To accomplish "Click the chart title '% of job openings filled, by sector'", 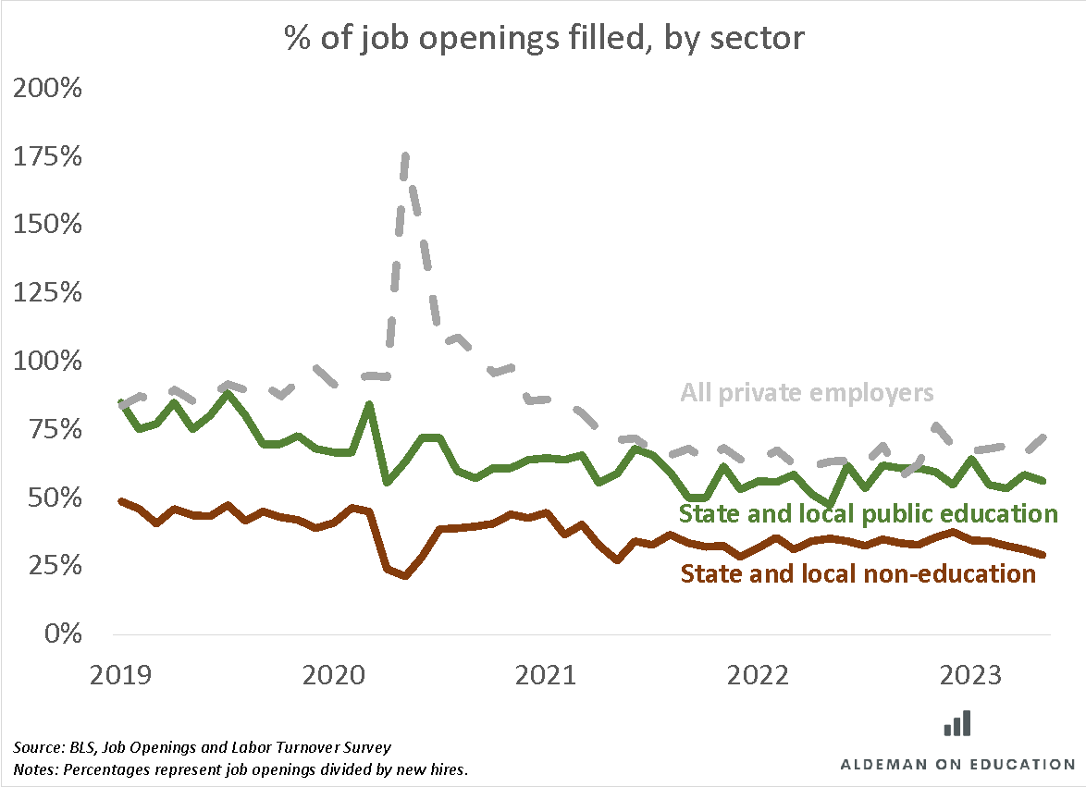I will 543,39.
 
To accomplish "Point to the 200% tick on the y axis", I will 48,90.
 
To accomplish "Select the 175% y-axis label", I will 48,157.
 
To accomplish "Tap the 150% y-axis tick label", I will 48,226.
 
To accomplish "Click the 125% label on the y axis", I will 48,293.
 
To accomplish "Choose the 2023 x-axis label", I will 971,676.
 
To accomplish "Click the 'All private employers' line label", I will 807,393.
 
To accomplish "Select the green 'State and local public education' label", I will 868,513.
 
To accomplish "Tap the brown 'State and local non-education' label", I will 858,574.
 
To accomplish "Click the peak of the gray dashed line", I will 405,155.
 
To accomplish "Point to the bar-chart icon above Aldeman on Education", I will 957,723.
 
